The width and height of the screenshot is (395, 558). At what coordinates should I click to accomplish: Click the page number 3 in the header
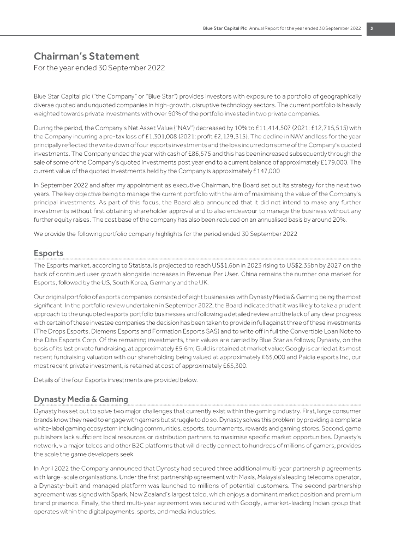(x=372, y=28)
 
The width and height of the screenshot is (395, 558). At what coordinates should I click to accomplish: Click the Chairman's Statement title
(x=87, y=56)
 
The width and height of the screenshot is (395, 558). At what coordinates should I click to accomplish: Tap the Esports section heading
(x=49, y=253)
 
